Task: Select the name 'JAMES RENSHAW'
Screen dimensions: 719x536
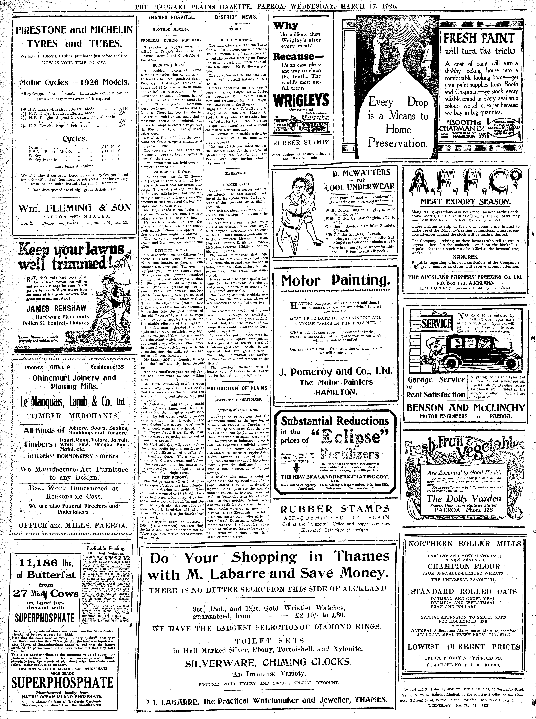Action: click(x=56, y=308)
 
